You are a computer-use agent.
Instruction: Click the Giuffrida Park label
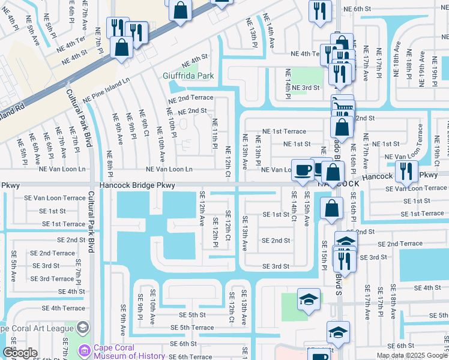click(x=188, y=76)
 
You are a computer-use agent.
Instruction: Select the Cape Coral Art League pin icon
click(x=83, y=328)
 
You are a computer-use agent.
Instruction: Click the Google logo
click(x=20, y=353)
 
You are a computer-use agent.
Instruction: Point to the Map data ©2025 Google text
click(x=411, y=355)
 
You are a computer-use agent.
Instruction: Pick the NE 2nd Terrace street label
click(x=191, y=98)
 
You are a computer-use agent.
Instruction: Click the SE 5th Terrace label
click(x=192, y=328)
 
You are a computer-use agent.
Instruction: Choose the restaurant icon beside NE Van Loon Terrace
click(x=406, y=170)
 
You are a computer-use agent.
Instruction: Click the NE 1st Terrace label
click(x=285, y=131)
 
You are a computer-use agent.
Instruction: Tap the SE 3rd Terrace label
click(x=52, y=279)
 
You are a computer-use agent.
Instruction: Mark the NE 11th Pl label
click(x=215, y=134)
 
